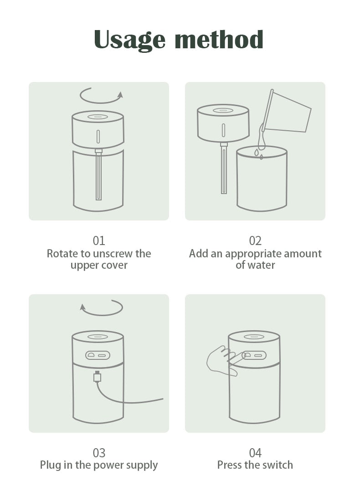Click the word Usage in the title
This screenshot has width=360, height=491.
[x=129, y=40]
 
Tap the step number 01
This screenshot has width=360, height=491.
[x=99, y=240]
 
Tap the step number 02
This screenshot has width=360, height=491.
[x=255, y=240]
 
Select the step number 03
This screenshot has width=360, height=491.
[x=99, y=453]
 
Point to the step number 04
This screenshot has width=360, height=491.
[x=255, y=453]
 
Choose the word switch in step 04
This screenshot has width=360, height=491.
[x=277, y=465]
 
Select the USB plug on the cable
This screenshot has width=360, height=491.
[x=98, y=376]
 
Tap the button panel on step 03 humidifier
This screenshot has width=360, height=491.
[x=98, y=355]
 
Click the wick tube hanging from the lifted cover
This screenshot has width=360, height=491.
[x=224, y=169]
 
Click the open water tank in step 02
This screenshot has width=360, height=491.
[x=262, y=179]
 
